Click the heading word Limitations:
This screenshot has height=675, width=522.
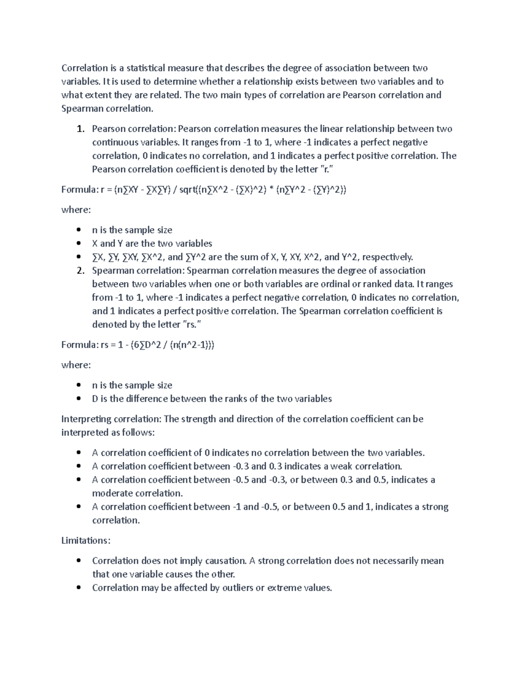point(86,540)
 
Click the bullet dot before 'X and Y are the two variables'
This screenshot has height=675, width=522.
point(78,243)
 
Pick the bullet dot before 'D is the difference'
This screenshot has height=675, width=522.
point(78,399)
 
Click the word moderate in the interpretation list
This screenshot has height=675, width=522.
point(113,493)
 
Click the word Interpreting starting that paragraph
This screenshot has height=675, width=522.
point(86,419)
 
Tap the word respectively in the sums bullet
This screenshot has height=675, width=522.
point(387,257)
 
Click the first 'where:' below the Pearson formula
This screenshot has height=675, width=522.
point(76,209)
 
